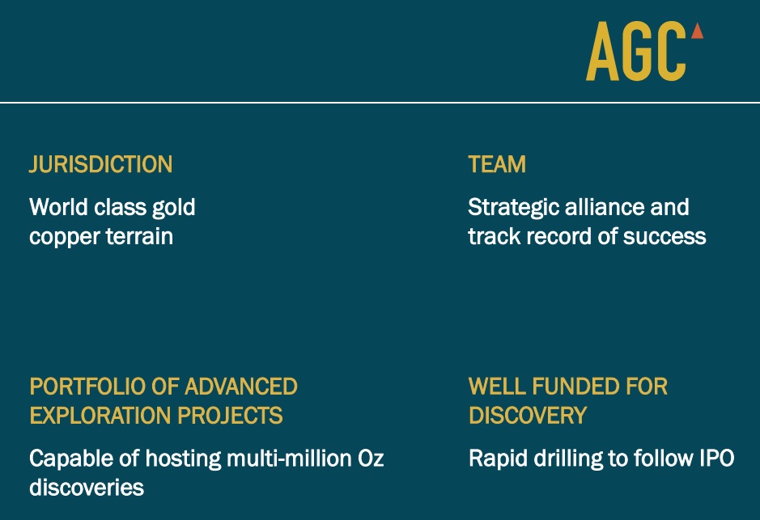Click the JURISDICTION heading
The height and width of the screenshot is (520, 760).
pos(101,165)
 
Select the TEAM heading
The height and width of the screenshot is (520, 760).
pos(497,165)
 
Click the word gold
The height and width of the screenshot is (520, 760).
pos(173,208)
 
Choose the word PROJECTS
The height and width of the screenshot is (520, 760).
pos(230,416)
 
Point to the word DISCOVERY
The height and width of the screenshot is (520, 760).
pos(528,416)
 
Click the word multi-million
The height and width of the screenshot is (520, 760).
pos(289,459)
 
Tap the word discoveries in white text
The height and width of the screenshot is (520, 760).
pos(87,488)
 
